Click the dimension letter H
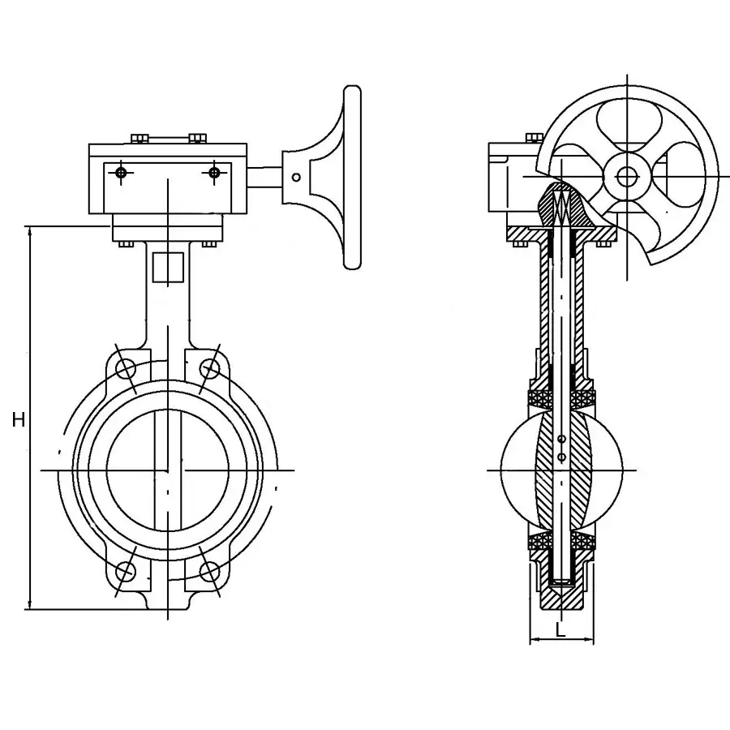[19, 420]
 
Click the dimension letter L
[560, 630]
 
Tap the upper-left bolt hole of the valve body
[126, 369]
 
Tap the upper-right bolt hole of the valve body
[209, 369]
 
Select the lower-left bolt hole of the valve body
[126, 571]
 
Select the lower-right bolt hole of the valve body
[209, 571]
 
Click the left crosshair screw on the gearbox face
[121, 173]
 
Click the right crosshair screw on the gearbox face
[214, 173]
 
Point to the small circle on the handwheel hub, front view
[296, 177]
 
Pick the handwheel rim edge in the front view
[353, 177]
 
